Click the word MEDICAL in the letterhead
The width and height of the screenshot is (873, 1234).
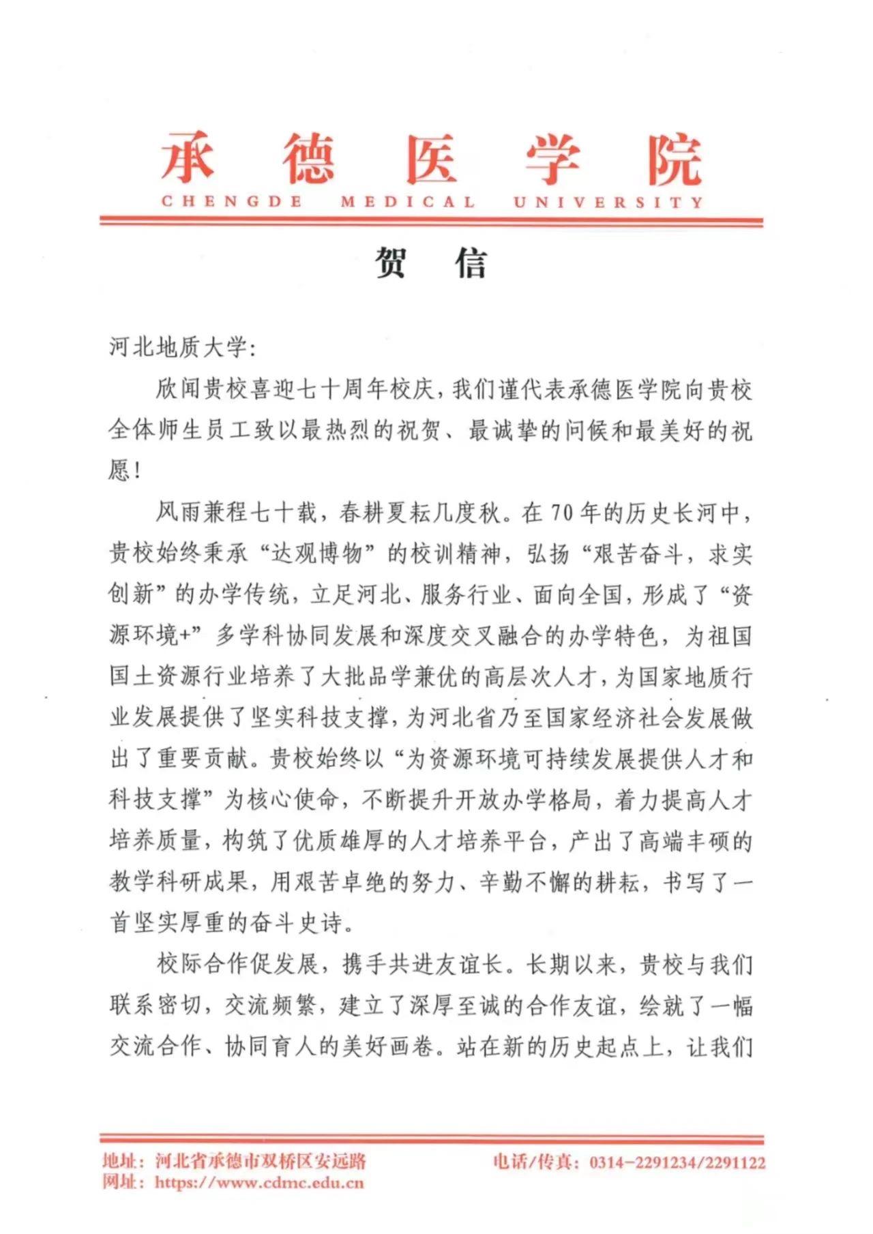click(408, 202)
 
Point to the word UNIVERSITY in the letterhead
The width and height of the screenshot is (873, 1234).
click(608, 202)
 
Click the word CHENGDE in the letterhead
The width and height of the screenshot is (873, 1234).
click(232, 202)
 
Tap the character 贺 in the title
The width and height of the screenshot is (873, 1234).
click(391, 263)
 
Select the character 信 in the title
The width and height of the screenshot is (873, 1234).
click(471, 263)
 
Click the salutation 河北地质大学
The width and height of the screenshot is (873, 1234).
click(177, 348)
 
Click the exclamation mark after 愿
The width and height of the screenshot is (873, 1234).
click(138, 471)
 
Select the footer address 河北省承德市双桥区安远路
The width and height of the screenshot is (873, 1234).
click(261, 1160)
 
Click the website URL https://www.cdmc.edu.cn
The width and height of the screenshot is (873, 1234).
click(259, 1182)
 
